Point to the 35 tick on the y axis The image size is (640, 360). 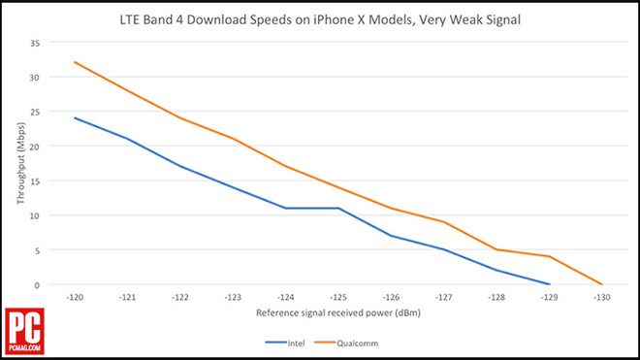[37, 43]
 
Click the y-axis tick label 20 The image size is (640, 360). [37, 147]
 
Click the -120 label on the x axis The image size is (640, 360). [75, 298]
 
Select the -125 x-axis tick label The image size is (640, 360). [338, 298]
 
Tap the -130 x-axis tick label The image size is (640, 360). [602, 298]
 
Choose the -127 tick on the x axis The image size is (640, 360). [444, 298]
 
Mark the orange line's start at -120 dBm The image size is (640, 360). [75, 62]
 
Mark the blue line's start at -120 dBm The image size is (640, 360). [75, 118]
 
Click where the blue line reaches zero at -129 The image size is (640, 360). [550, 284]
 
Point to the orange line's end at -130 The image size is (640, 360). [602, 284]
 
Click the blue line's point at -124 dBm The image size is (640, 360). [286, 208]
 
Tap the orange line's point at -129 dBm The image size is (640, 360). [550, 256]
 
